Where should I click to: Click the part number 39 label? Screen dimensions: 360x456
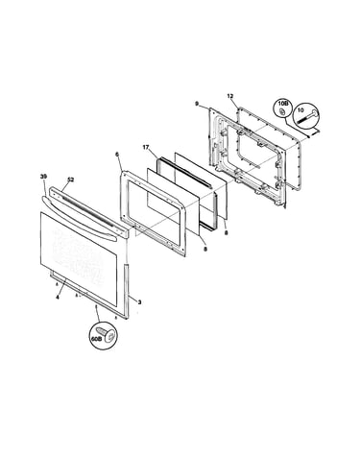(43, 176)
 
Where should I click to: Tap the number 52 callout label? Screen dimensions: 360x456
(70, 180)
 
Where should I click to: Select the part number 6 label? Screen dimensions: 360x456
(117, 155)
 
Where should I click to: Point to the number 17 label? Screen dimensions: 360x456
(146, 147)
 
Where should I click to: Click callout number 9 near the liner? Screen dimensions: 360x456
(197, 104)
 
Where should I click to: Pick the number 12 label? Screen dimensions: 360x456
(230, 96)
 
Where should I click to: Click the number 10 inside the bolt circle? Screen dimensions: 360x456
(300, 109)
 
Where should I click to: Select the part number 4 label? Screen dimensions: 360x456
(58, 298)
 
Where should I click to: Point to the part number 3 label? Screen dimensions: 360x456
(139, 301)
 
